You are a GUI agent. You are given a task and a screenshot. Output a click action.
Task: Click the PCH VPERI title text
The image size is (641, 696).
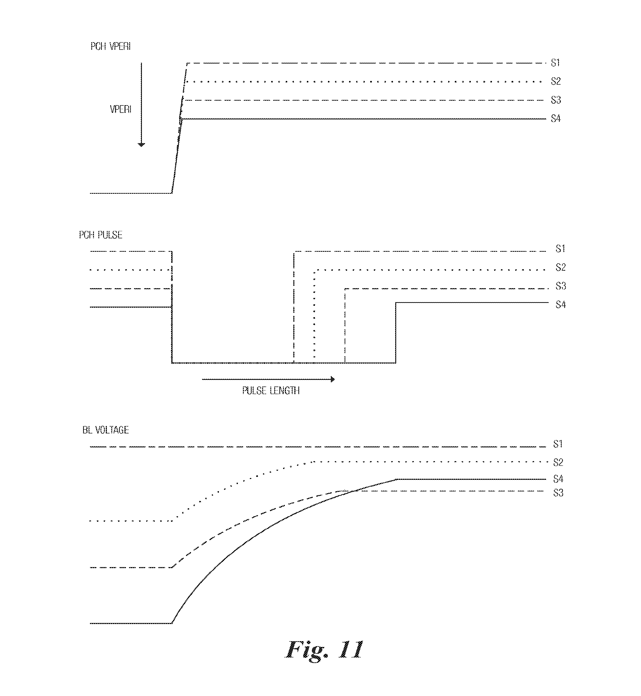[x=110, y=46]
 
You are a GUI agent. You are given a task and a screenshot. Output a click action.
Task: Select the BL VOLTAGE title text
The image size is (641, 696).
[x=106, y=430]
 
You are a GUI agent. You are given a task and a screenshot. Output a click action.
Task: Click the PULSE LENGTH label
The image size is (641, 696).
[x=271, y=391]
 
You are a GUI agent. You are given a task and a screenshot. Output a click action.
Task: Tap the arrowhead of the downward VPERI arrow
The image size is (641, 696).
[x=141, y=144]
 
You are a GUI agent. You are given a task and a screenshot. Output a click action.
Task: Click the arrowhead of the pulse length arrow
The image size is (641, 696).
[x=333, y=379]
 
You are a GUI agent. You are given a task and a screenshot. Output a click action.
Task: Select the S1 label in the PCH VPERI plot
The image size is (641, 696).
[x=555, y=63]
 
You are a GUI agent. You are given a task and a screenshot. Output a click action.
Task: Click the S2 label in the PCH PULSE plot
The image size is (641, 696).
[x=561, y=267]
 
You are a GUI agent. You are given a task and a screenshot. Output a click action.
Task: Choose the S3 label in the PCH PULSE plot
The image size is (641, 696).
[x=561, y=286]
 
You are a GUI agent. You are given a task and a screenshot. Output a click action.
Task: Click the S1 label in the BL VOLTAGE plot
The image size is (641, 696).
[x=558, y=444]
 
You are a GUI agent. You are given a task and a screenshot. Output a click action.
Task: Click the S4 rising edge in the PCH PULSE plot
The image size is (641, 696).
[x=396, y=333]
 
